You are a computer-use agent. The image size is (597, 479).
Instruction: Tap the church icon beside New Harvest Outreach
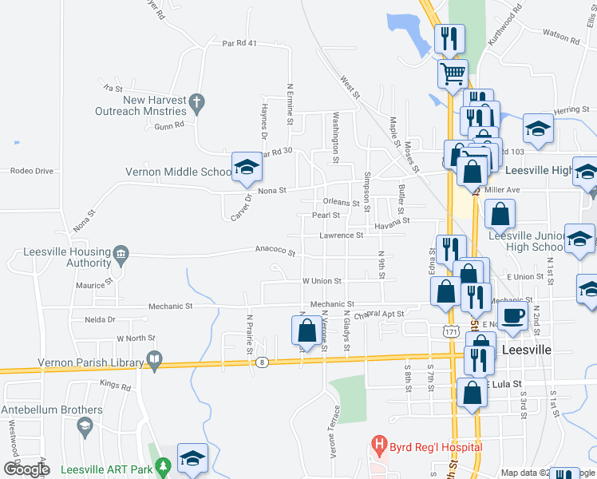pyautogui.click(x=196, y=101)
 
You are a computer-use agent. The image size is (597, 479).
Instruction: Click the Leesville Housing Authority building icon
pyautogui.click(x=121, y=252)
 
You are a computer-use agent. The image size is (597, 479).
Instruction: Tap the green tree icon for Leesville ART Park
pyautogui.click(x=164, y=465)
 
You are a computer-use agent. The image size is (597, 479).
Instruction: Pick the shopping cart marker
pyautogui.click(x=453, y=73)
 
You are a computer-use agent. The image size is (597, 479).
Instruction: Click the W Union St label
pyautogui.click(x=322, y=281)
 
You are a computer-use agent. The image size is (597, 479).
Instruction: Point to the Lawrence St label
pyautogui.click(x=342, y=236)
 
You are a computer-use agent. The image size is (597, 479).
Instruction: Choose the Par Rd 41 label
pyautogui.click(x=239, y=43)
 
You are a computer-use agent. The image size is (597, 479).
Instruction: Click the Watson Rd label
pyautogui.click(x=560, y=35)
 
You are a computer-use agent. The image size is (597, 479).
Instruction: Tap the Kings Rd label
pyautogui.click(x=115, y=386)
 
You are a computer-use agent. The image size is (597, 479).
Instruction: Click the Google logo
pyautogui.click(x=26, y=469)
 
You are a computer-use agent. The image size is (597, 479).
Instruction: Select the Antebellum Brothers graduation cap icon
pyautogui.click(x=84, y=426)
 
